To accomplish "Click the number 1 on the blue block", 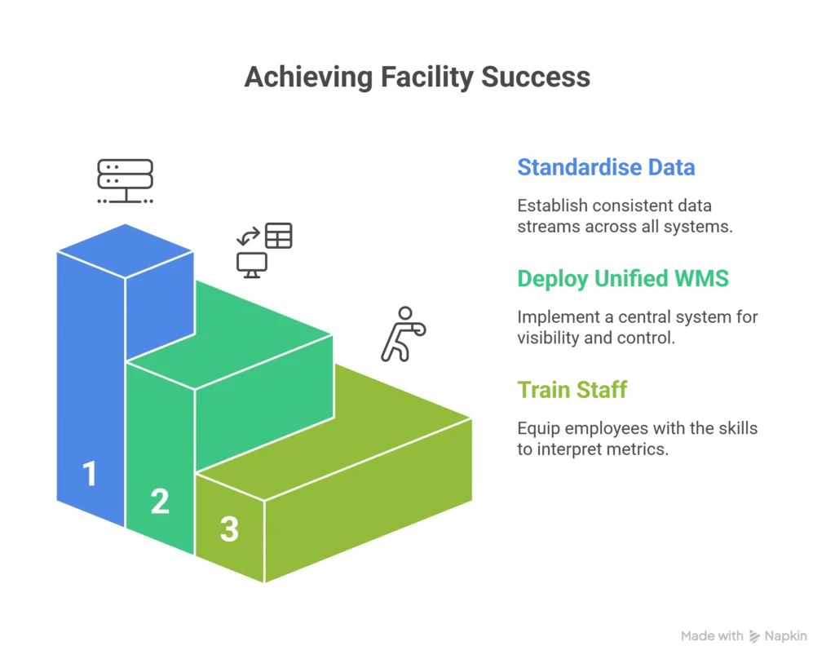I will [90, 474].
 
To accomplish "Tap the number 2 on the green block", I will [160, 501].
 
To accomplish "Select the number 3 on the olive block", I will [229, 529].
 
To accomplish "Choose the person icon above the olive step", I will [402, 334].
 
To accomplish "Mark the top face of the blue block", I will [125, 250].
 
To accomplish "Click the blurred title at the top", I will [417, 79].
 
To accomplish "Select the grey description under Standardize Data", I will [625, 216].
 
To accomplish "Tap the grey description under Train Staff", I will [639, 438].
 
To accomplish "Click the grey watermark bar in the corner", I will [743, 635].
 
